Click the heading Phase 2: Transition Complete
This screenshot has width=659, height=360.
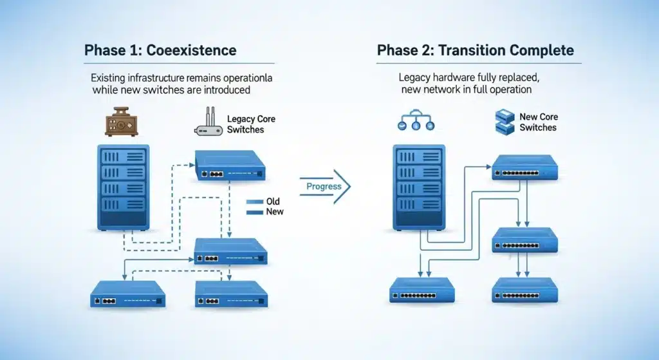(x=474, y=50)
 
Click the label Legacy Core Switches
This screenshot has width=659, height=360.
(x=246, y=124)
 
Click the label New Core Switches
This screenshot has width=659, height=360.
(x=538, y=122)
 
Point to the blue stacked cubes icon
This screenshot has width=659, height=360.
(x=505, y=122)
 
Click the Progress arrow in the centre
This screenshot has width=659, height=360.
(x=325, y=187)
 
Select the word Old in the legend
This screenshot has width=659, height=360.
(x=273, y=202)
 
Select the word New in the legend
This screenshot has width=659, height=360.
(x=274, y=212)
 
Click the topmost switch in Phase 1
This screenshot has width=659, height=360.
(x=230, y=166)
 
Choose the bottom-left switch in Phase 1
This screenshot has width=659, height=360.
(x=127, y=294)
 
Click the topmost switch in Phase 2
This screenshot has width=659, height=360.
(x=524, y=167)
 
